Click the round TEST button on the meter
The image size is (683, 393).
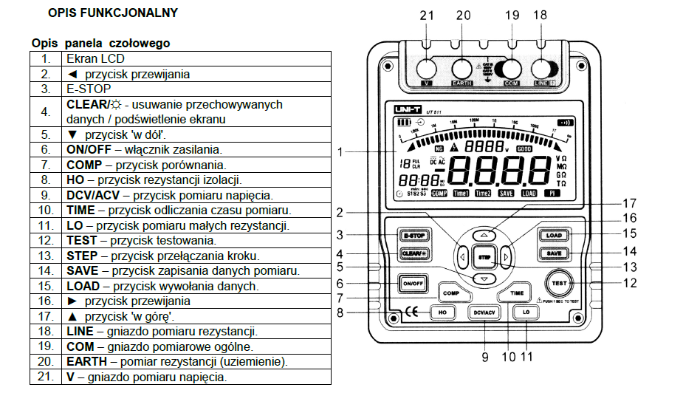[x=558, y=283]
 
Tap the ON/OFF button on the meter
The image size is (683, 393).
[x=411, y=283]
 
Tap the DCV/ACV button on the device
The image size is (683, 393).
[x=484, y=313]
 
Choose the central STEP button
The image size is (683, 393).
[x=484, y=258]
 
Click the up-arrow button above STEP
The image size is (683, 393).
[x=484, y=234]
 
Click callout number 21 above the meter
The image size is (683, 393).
[x=426, y=15]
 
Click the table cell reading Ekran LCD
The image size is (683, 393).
[x=96, y=58]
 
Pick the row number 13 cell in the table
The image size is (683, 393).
[x=46, y=256]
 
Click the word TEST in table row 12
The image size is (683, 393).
[x=80, y=240]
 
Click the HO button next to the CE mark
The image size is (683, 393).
[x=443, y=313]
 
